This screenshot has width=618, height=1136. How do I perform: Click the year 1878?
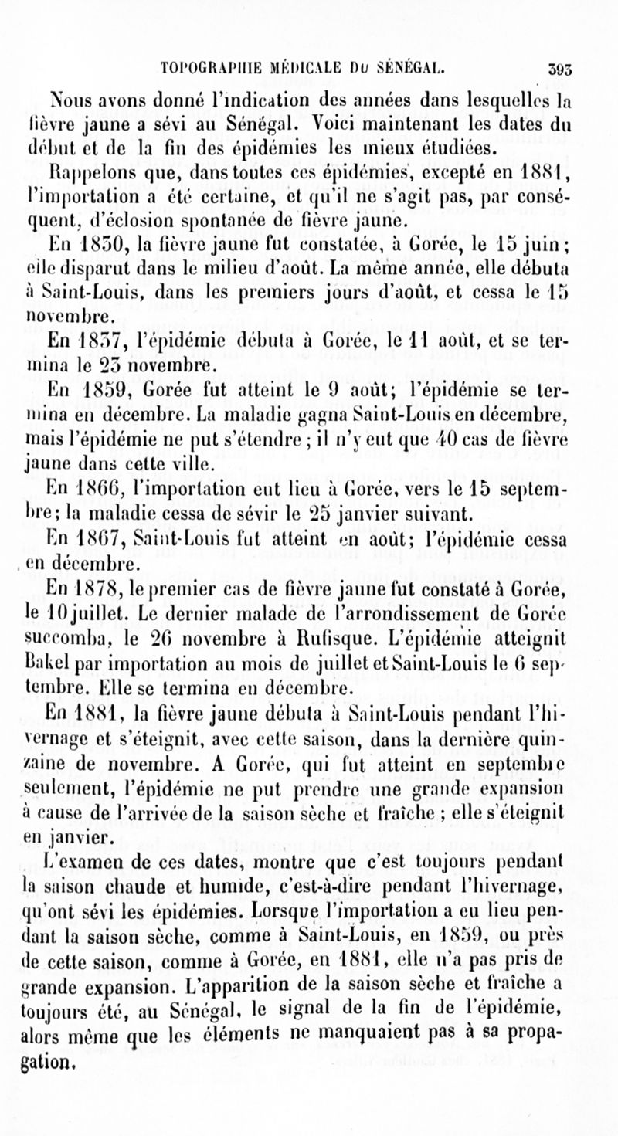(x=107, y=592)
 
